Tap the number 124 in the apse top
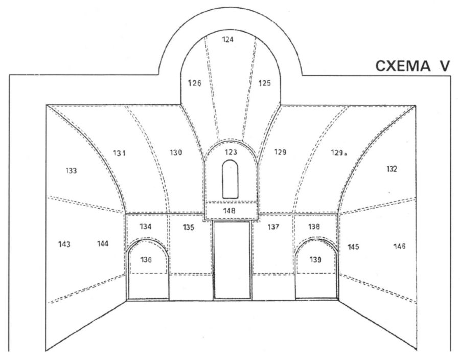[228, 39]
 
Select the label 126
[194, 83]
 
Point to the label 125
[264, 83]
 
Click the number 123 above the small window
[231, 152]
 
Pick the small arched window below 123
[231, 178]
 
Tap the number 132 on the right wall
[392, 169]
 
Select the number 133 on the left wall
[71, 171]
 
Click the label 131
[120, 153]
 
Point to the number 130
[176, 152]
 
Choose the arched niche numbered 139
[316, 268]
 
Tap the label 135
[189, 227]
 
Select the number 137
[273, 227]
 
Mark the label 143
[64, 244]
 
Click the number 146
[399, 246]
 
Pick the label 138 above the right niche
[314, 226]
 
